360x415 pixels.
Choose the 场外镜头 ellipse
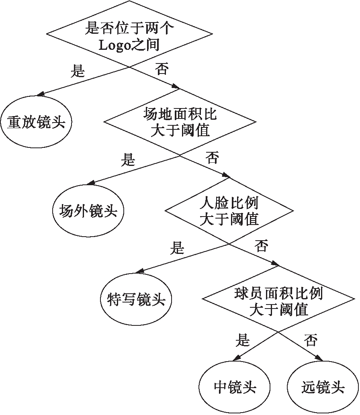(x=88, y=211)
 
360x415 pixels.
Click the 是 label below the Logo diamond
(x=78, y=72)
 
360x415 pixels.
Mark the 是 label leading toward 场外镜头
(x=128, y=160)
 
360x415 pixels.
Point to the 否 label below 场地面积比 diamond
(x=212, y=157)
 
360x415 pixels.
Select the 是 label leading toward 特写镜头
(x=177, y=248)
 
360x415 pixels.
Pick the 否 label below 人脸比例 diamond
(x=261, y=246)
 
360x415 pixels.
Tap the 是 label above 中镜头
(x=242, y=341)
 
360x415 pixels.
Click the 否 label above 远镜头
(x=311, y=341)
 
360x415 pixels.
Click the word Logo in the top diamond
(x=115, y=45)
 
